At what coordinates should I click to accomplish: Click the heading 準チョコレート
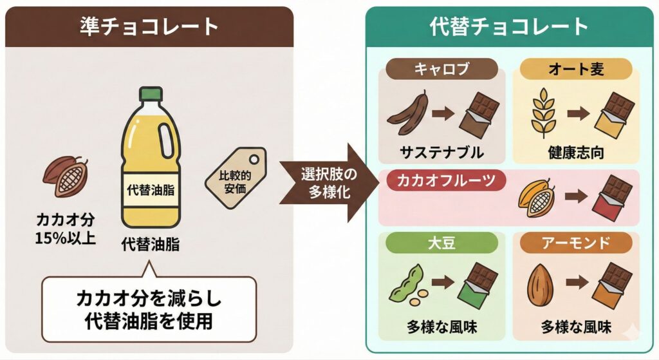tap(149, 26)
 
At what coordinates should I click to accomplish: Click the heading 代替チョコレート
tap(508, 26)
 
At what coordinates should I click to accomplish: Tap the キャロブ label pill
tap(442, 69)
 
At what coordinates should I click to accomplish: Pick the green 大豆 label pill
tap(442, 243)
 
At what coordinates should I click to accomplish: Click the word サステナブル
tap(441, 153)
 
